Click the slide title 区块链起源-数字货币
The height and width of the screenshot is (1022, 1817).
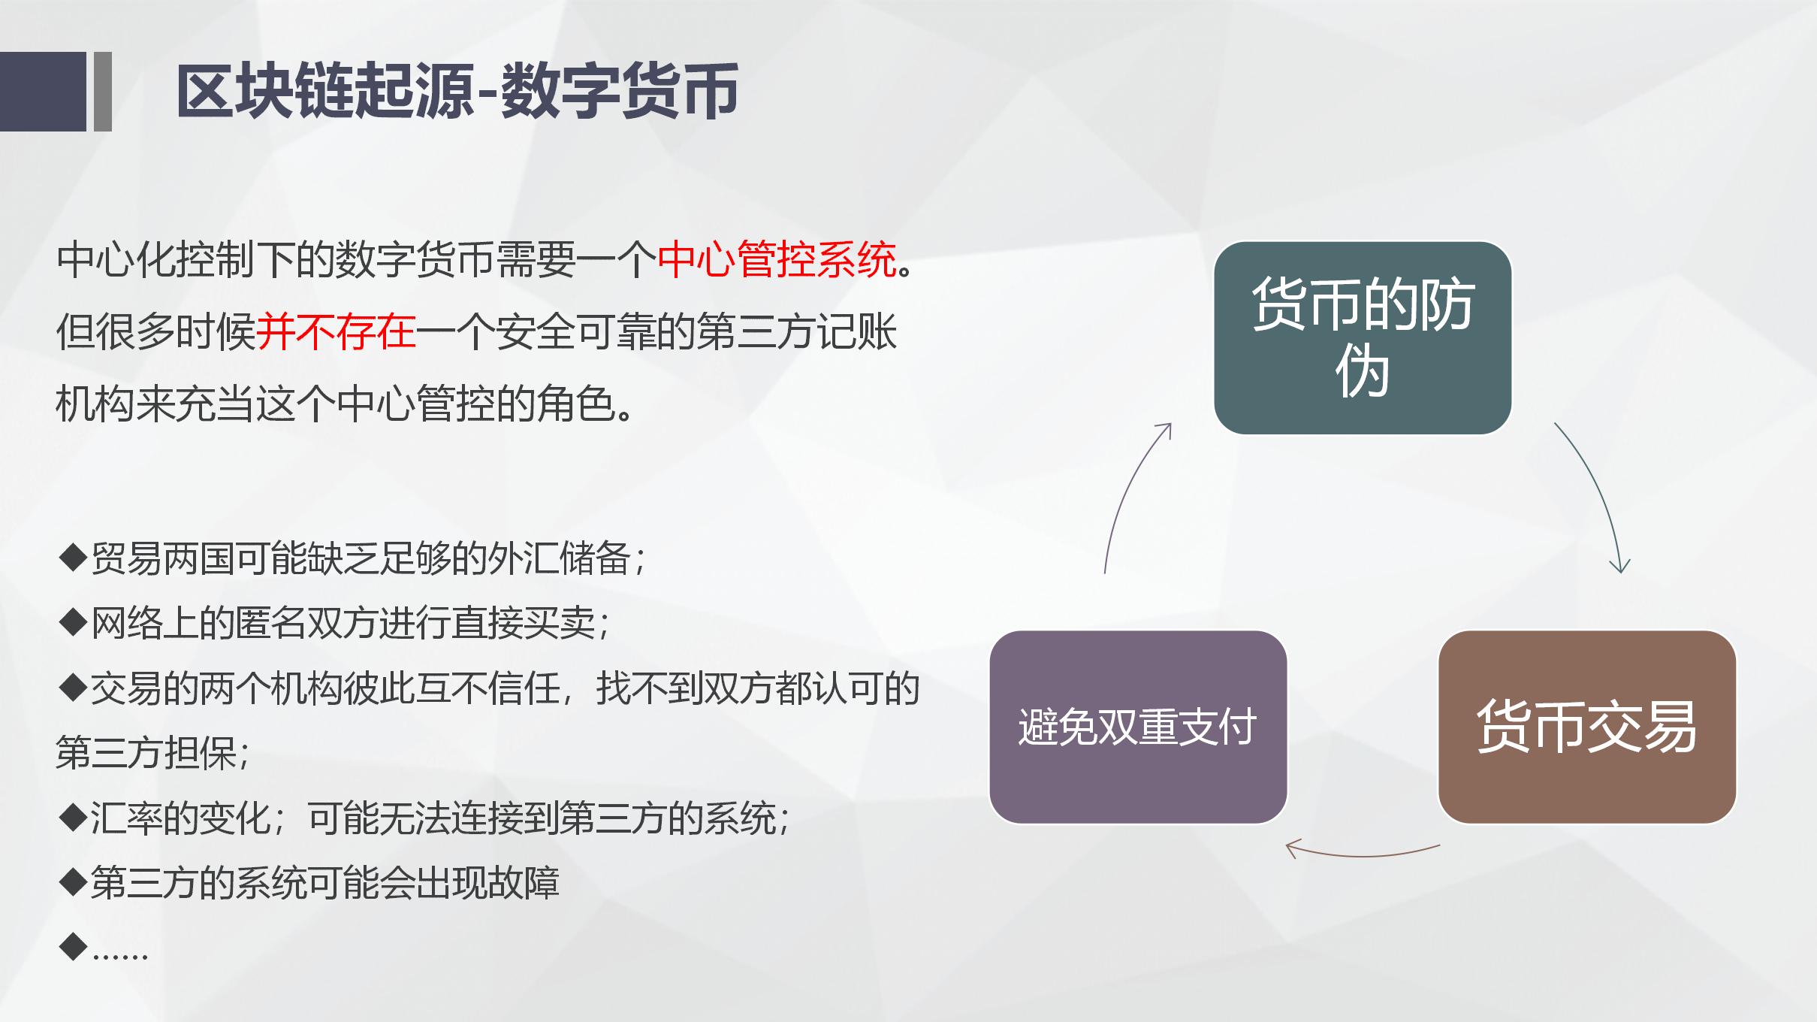tap(457, 92)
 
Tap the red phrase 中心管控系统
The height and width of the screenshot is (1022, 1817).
tap(777, 260)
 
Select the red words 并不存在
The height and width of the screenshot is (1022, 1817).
tap(336, 332)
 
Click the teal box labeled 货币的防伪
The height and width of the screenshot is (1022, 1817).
tap(1362, 337)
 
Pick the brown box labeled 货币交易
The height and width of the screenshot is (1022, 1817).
tap(1586, 727)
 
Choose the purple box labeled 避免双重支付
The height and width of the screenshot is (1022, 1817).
tap(1137, 727)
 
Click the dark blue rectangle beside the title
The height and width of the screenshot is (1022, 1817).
tap(43, 92)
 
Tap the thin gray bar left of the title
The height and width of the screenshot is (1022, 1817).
tap(103, 92)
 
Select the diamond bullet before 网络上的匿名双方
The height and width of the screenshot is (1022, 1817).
tap(73, 623)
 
